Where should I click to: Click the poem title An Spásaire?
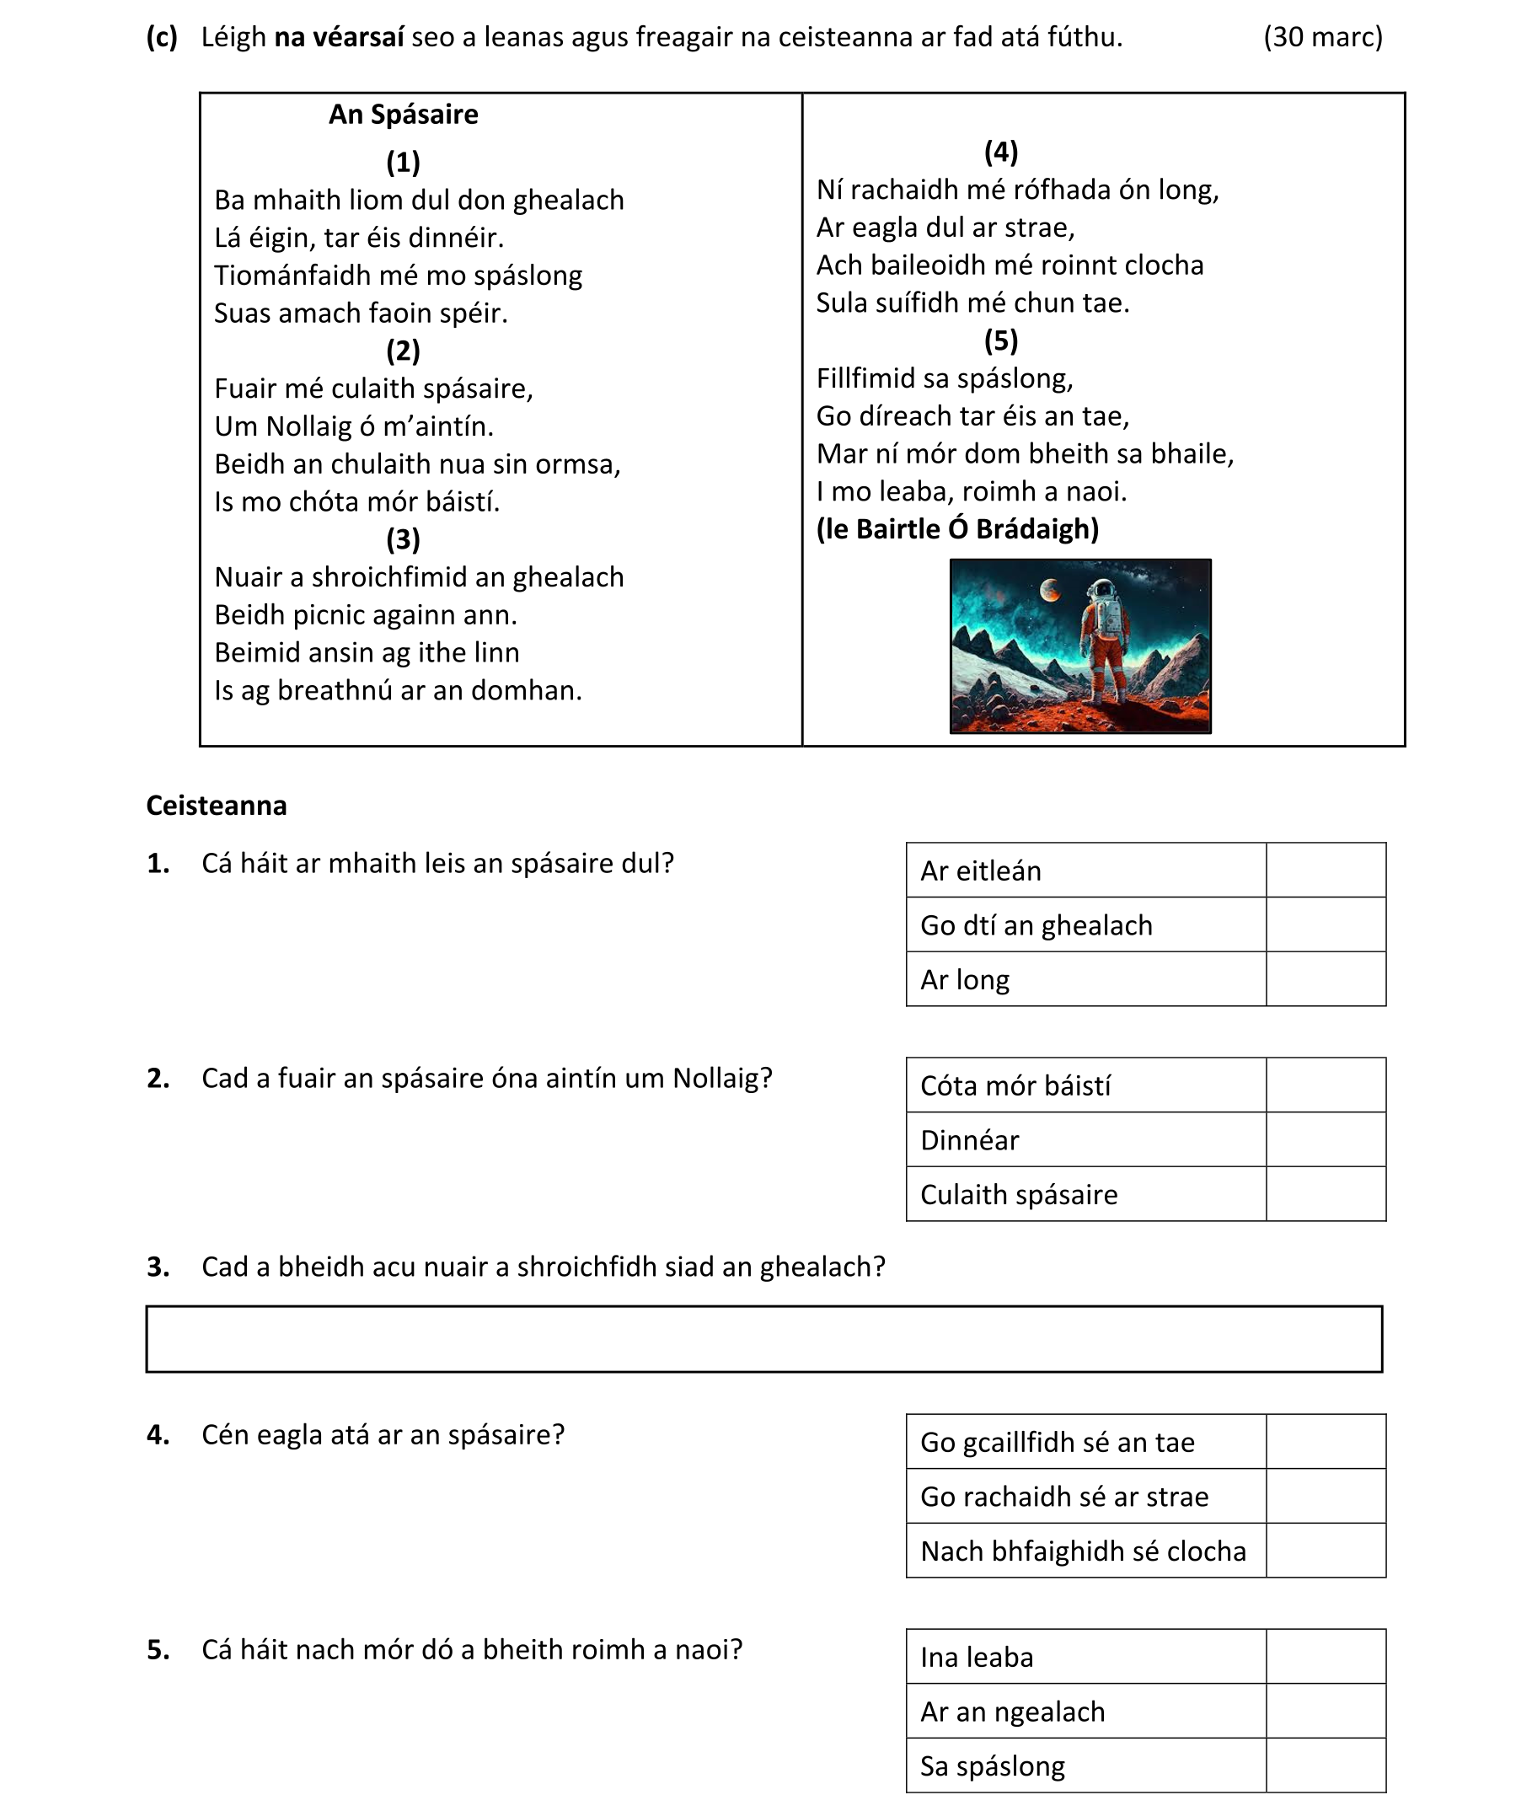tap(403, 115)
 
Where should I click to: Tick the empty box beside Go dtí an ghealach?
tap(1325, 924)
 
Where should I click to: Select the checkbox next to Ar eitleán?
tap(1325, 870)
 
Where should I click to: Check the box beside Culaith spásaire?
tap(1325, 1193)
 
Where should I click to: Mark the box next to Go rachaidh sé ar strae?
tap(1325, 1496)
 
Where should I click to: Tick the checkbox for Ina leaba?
tap(1325, 1657)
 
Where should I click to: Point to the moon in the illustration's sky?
tap(1050, 591)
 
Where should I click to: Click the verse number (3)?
tap(403, 539)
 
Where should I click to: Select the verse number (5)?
tap(1000, 340)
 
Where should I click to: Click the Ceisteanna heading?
tap(217, 805)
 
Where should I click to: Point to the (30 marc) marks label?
tap(1322, 37)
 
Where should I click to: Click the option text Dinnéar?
tap(969, 1139)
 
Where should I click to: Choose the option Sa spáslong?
tap(992, 1765)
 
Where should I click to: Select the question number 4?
tap(158, 1434)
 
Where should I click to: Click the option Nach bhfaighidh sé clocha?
tap(1082, 1551)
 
